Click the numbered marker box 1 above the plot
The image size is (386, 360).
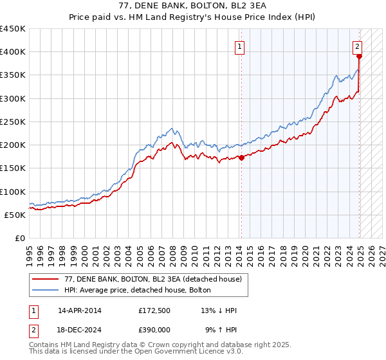(x=239, y=46)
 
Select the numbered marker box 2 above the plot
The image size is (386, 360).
(x=357, y=46)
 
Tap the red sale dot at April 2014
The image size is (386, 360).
(x=241, y=157)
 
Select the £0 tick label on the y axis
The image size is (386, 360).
(x=20, y=238)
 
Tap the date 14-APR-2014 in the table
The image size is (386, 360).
(x=80, y=310)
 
